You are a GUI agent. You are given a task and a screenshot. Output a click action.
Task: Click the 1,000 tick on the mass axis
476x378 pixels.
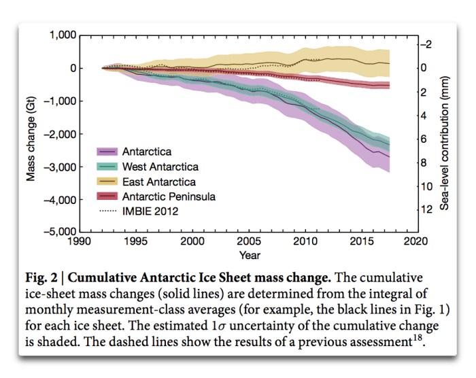tap(61, 35)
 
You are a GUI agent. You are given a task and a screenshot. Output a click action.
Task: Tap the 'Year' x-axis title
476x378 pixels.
tap(249, 256)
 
